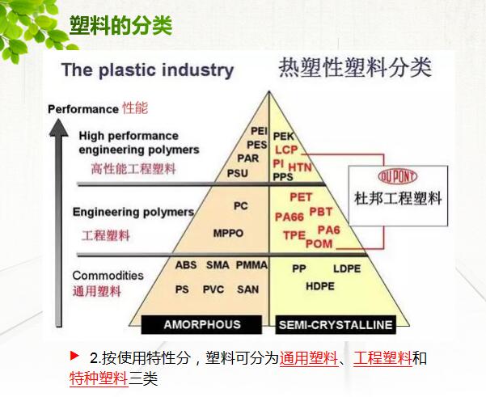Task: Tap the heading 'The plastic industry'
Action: point(146,70)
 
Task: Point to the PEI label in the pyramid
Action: point(259,130)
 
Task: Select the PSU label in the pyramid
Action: point(238,173)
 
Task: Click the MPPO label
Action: point(229,234)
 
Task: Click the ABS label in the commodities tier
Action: point(186,265)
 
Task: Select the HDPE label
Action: point(319,285)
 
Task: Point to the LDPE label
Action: point(347,268)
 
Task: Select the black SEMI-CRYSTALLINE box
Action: point(335,325)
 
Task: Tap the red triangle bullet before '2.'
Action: point(75,356)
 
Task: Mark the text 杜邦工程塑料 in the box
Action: point(397,198)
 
